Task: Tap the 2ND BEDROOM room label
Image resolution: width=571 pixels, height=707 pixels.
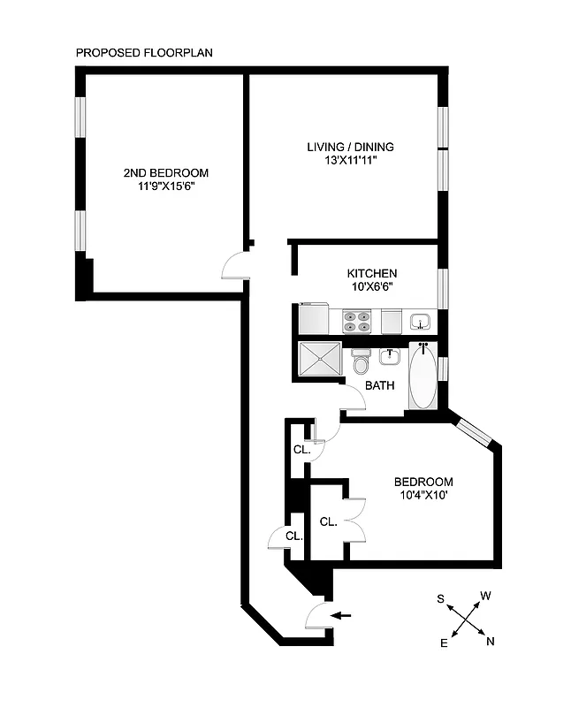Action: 166,172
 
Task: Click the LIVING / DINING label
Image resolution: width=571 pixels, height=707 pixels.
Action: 350,147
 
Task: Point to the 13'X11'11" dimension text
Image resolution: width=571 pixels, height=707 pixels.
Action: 350,161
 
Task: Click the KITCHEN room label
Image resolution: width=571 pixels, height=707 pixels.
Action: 371,273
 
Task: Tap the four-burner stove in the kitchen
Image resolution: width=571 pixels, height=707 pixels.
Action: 356,319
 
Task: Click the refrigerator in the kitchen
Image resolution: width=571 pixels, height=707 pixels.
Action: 314,317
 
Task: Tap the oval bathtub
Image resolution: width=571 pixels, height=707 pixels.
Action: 423,377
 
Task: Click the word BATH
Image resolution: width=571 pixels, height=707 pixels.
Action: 381,385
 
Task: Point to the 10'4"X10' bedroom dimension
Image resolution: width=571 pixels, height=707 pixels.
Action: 423,496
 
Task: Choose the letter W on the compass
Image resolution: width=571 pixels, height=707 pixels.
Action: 485,596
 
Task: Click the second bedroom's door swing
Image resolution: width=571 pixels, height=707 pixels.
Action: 236,265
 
